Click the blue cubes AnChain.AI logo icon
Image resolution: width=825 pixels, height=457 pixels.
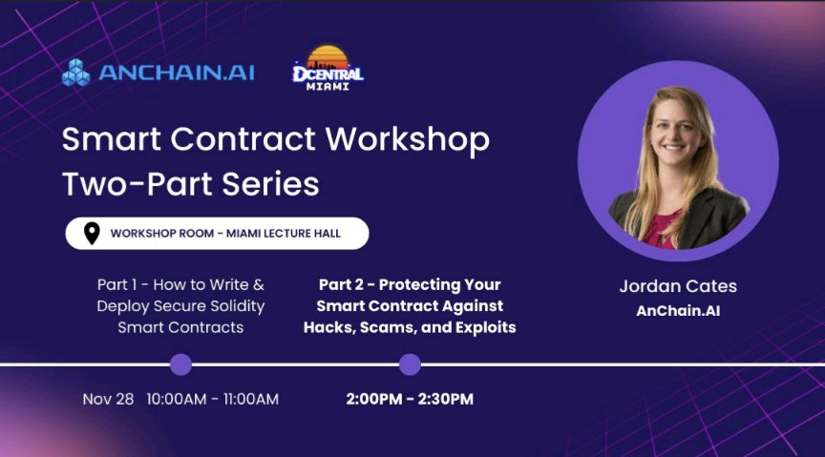click(x=75, y=73)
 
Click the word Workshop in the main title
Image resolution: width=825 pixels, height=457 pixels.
click(x=408, y=140)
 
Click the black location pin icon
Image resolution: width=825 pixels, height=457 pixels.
click(x=92, y=233)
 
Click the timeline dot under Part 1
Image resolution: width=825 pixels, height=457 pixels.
click(x=180, y=364)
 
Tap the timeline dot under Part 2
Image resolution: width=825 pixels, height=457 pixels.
click(x=410, y=364)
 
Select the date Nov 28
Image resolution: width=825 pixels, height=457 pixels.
click(x=108, y=399)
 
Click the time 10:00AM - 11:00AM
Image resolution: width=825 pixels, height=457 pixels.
click(x=212, y=399)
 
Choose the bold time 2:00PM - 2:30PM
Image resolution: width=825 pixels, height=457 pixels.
click(x=410, y=399)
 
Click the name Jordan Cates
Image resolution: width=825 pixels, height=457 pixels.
click(x=678, y=286)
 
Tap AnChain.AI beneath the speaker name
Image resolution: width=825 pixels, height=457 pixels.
click(x=678, y=311)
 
